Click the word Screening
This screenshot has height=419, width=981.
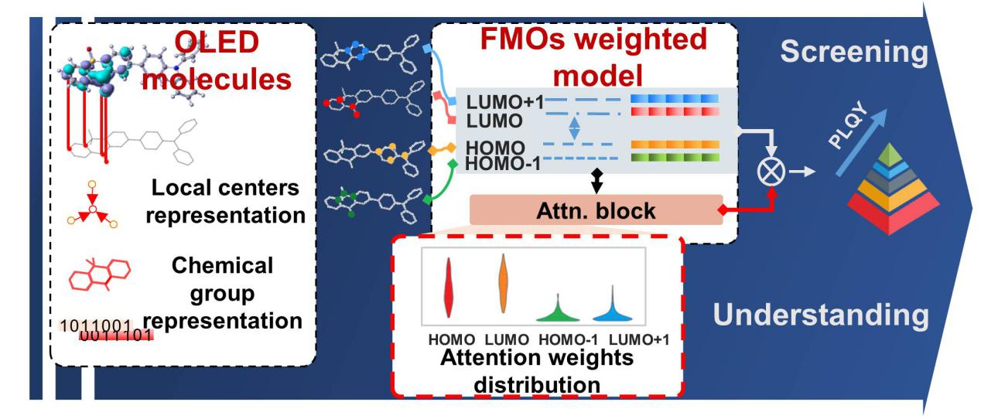coord(853,53)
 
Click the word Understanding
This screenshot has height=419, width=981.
coord(819,315)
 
